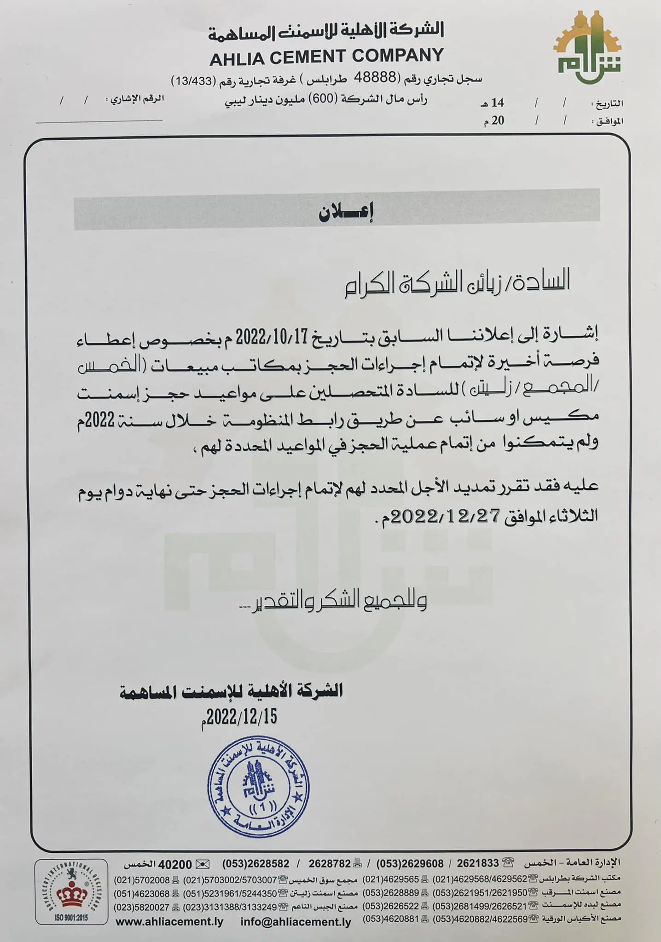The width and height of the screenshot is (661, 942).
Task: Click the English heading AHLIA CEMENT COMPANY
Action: point(326,56)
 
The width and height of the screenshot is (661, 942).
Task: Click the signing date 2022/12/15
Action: point(241,716)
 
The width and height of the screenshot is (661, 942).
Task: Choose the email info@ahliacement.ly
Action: point(296,922)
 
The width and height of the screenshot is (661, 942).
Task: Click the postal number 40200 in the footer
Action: point(175,864)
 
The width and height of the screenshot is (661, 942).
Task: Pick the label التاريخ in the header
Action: point(609,104)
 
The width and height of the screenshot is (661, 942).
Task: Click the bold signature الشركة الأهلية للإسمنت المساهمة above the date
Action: point(231,691)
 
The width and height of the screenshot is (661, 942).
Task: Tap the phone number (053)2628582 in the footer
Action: point(256,864)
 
